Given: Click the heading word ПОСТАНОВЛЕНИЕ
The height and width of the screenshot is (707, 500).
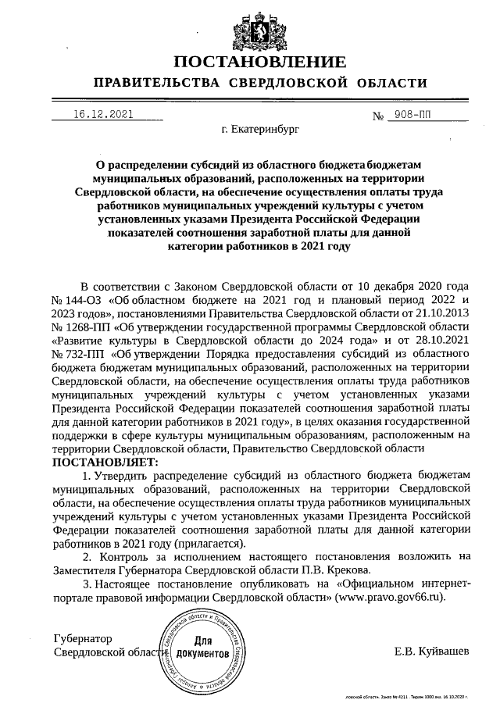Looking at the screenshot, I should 259,62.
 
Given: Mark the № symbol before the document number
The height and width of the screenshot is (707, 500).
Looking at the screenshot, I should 380,116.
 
